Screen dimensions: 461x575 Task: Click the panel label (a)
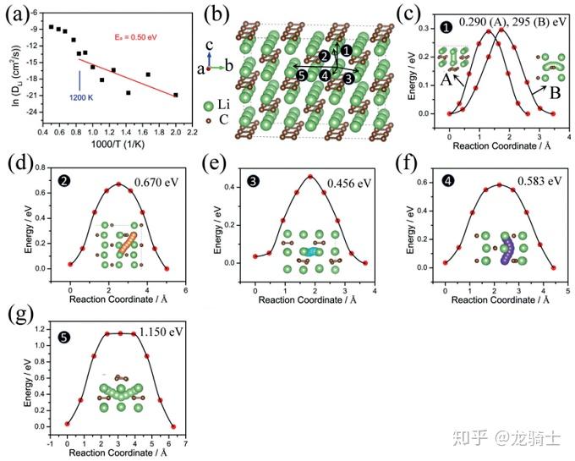coord(19,14)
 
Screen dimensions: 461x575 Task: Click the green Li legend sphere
coord(209,107)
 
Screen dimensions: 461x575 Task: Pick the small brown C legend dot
coord(209,121)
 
